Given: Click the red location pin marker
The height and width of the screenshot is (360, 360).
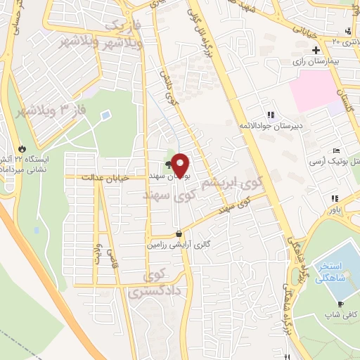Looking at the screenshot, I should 180,165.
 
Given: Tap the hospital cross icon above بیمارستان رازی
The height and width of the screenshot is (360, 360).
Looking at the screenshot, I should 316,51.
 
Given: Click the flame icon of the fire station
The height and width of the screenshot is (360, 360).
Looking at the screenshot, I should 23,149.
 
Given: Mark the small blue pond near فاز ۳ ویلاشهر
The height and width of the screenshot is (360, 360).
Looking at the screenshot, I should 105,114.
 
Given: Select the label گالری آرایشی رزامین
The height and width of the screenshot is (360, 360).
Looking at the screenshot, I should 179,245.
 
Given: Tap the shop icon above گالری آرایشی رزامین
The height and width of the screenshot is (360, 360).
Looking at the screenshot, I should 179,235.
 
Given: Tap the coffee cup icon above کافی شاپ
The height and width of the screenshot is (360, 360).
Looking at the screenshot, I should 340,304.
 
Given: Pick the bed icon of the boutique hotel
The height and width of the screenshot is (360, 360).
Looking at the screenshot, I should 337,152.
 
